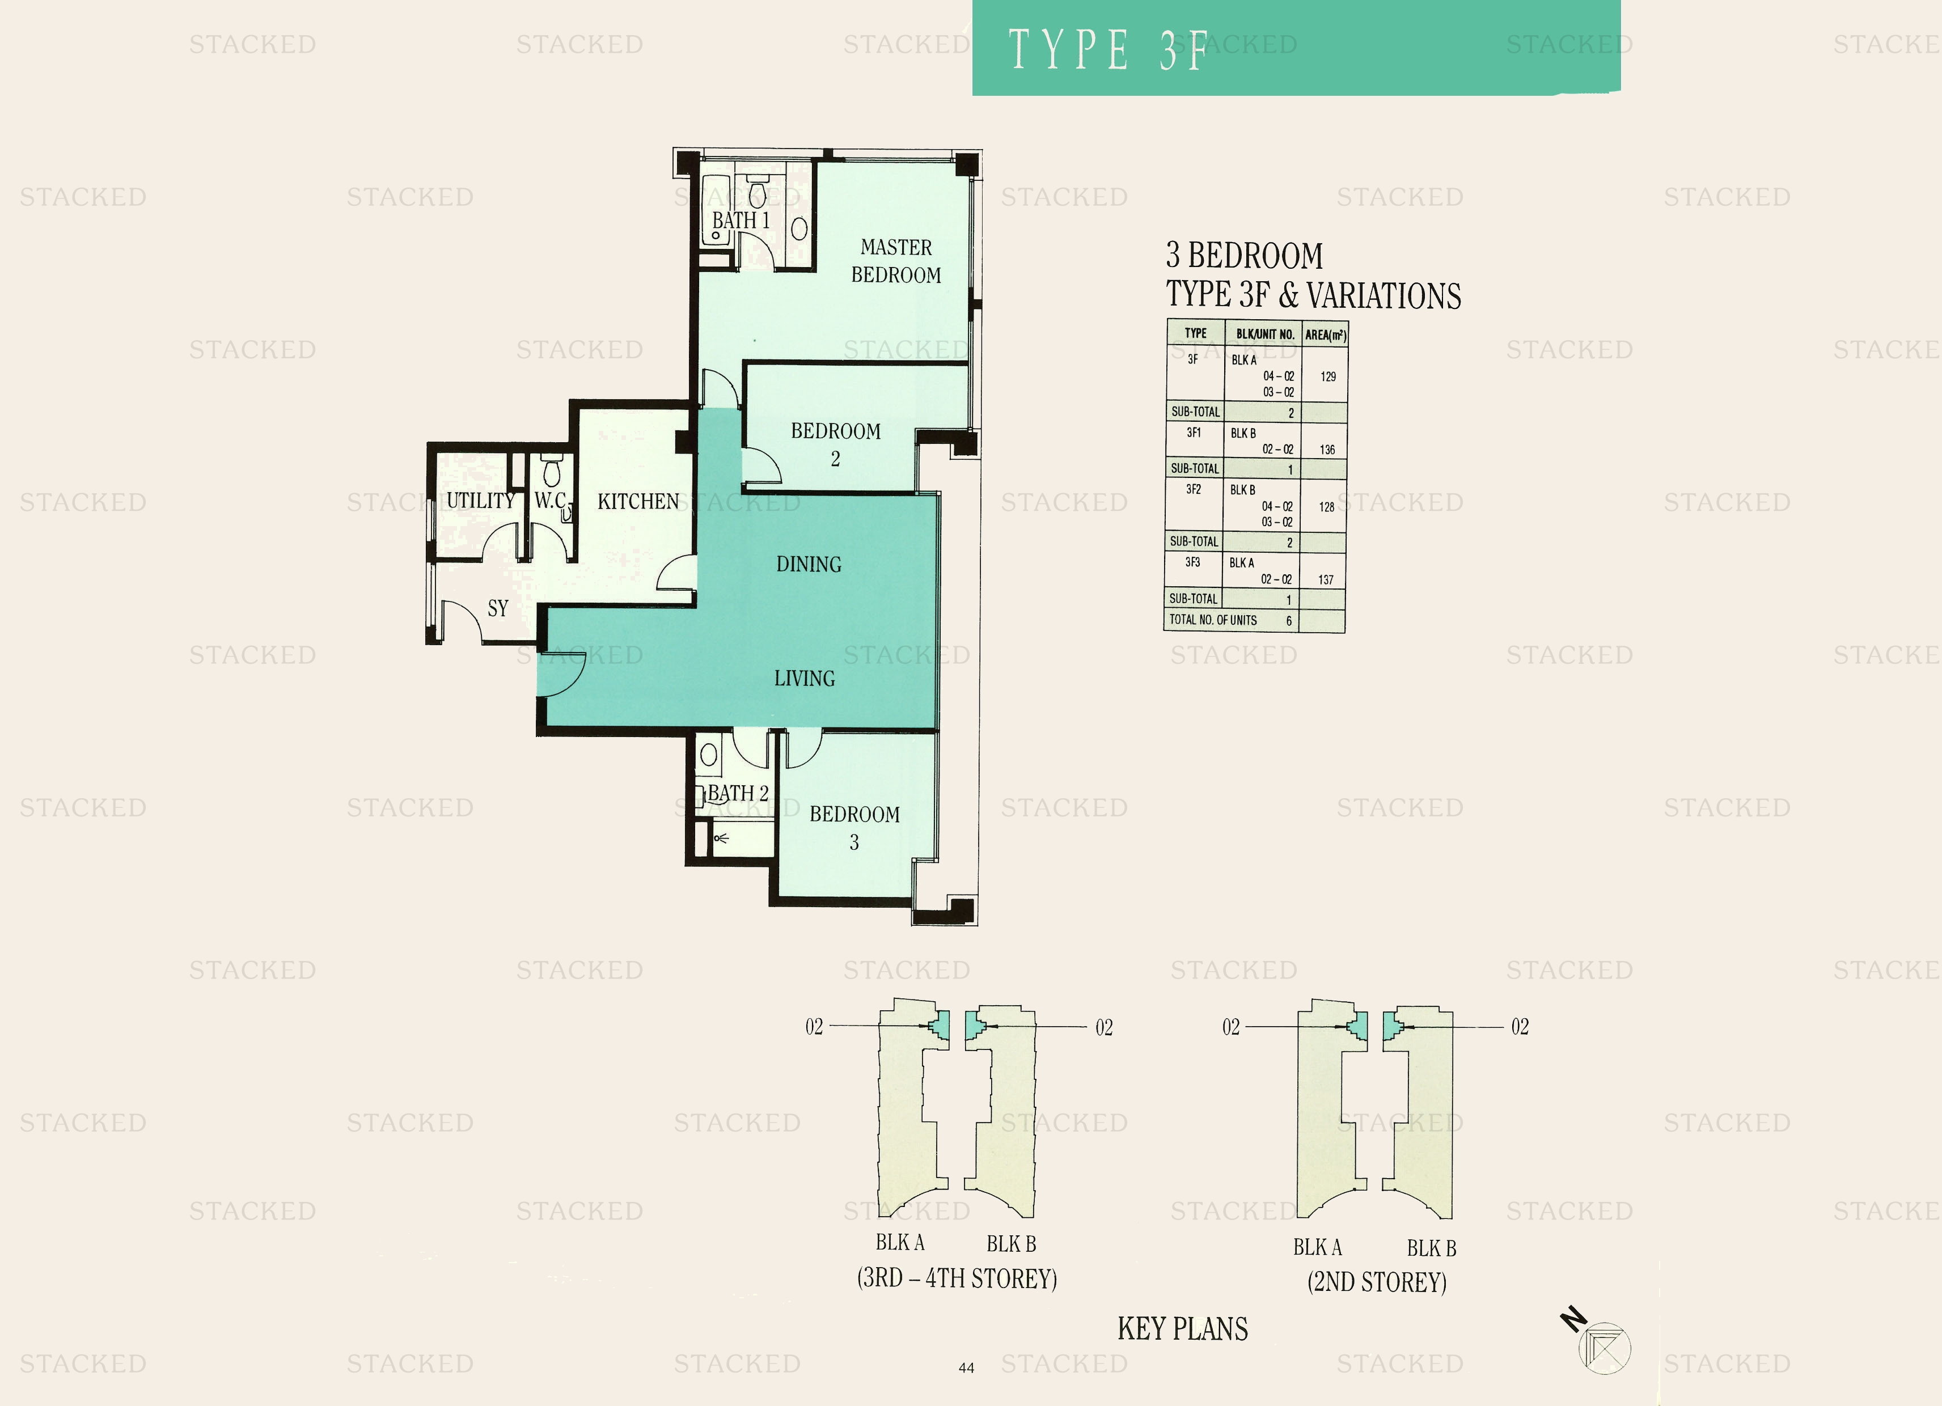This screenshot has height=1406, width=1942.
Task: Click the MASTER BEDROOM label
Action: [x=896, y=261]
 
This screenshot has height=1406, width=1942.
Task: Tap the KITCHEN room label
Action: [x=638, y=501]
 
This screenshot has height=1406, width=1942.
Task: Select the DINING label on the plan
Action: [x=809, y=564]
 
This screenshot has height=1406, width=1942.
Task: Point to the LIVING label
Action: [x=804, y=678]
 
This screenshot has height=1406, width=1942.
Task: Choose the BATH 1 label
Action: [x=741, y=220]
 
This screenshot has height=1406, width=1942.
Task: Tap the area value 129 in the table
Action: [x=1328, y=377]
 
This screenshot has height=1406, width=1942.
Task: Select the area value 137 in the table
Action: [x=1326, y=580]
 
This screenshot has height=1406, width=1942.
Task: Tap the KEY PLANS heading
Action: [x=1183, y=1329]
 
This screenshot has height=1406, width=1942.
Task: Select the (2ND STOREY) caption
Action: [x=1377, y=1282]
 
